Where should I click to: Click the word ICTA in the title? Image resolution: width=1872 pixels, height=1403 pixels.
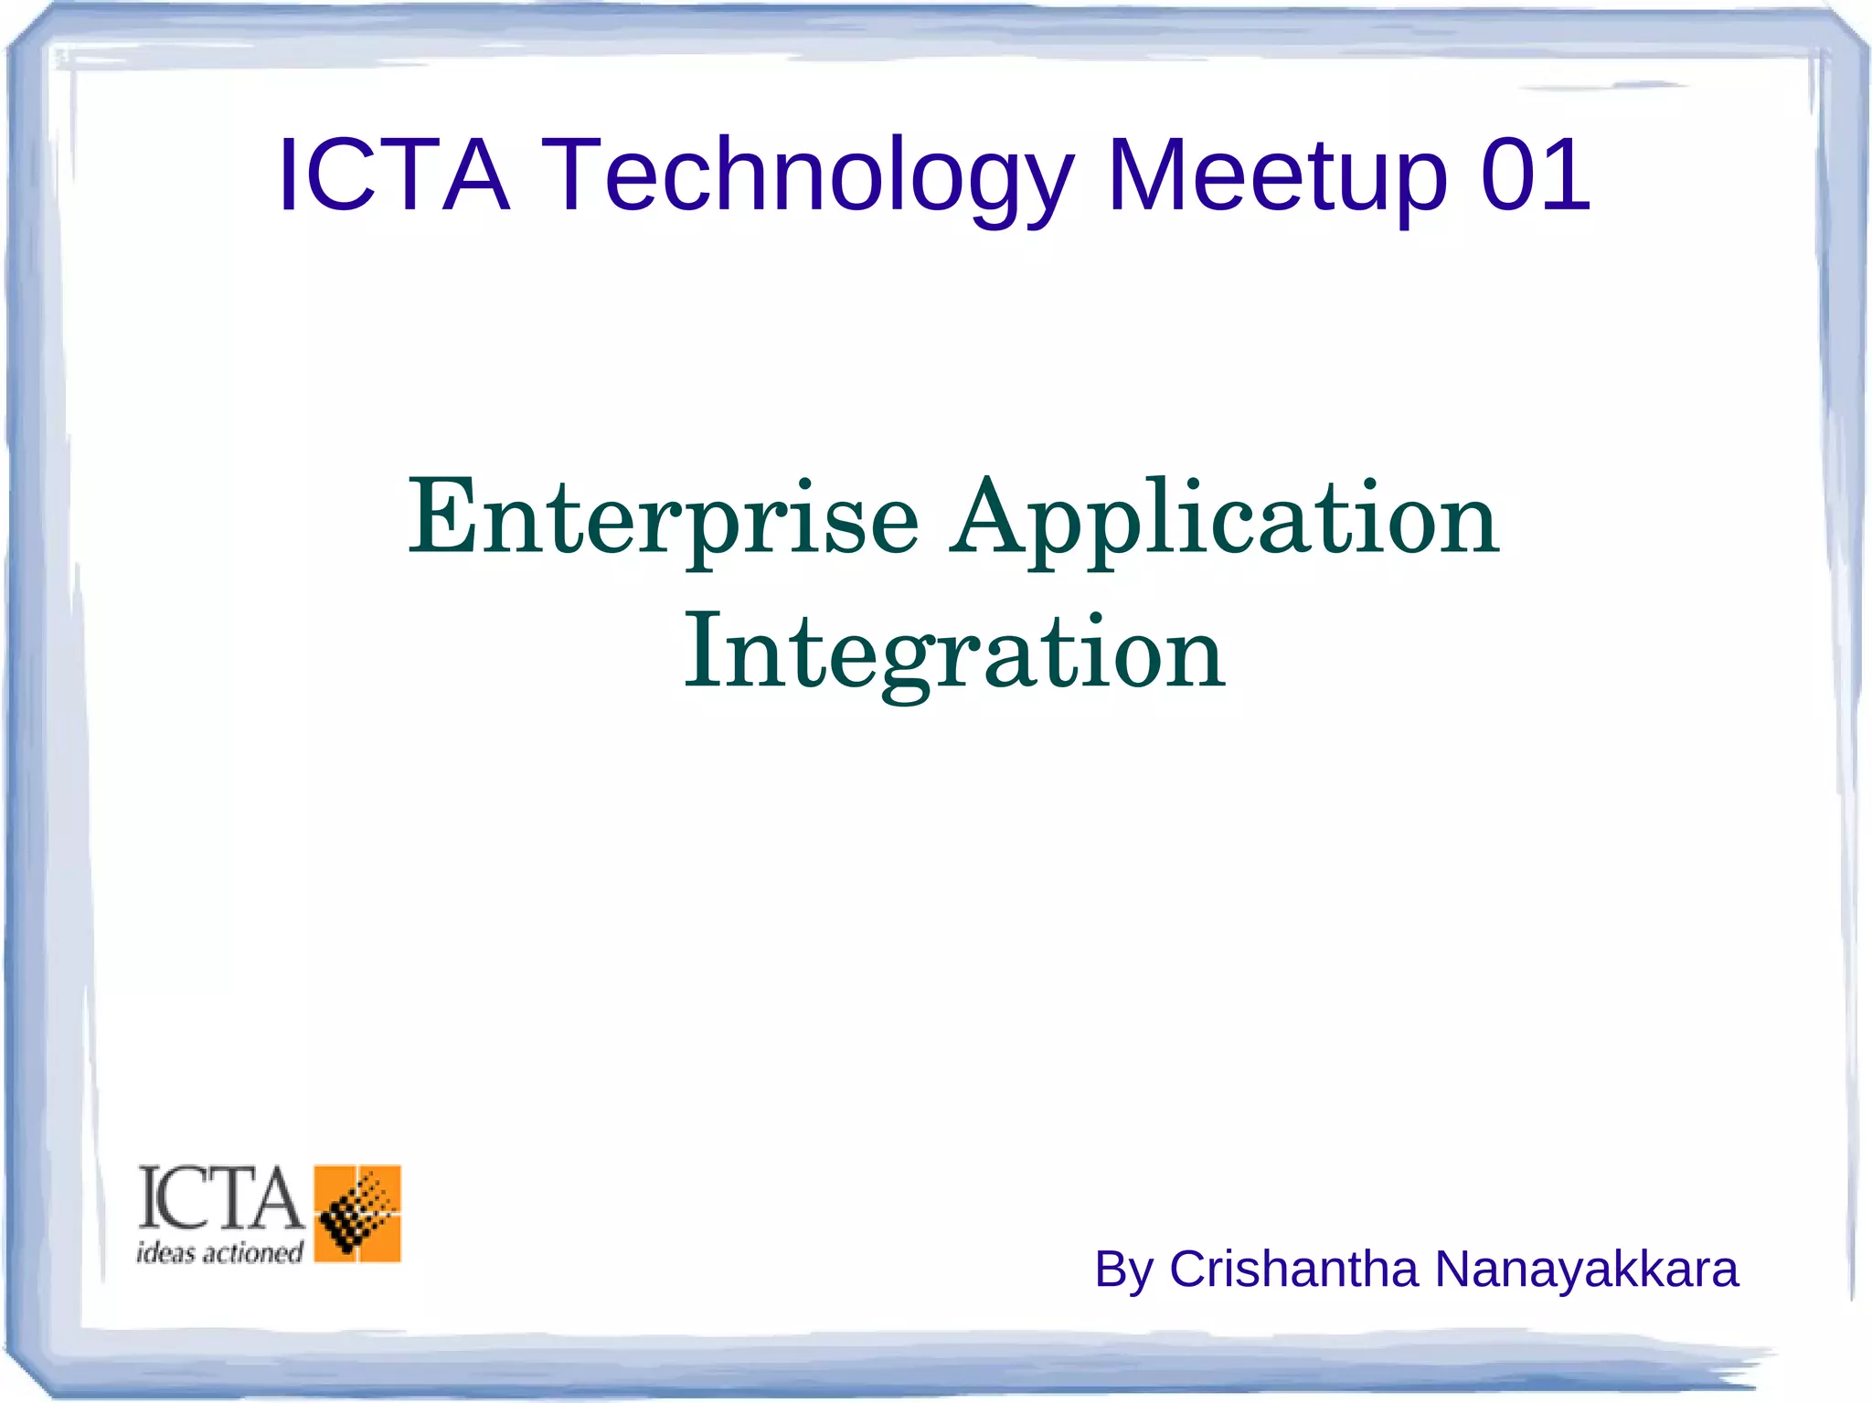[x=393, y=174]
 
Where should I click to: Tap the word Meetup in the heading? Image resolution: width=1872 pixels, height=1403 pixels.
[x=1277, y=175]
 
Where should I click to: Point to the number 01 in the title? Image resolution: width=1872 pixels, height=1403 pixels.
[x=1536, y=174]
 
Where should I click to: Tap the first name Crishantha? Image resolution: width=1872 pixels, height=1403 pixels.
[x=1293, y=1269]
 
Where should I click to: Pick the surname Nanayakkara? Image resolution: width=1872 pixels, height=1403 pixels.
[x=1586, y=1269]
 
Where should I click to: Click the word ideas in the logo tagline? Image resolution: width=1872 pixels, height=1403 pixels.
[x=165, y=1252]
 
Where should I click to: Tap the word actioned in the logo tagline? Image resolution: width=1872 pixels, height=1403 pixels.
[x=252, y=1252]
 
